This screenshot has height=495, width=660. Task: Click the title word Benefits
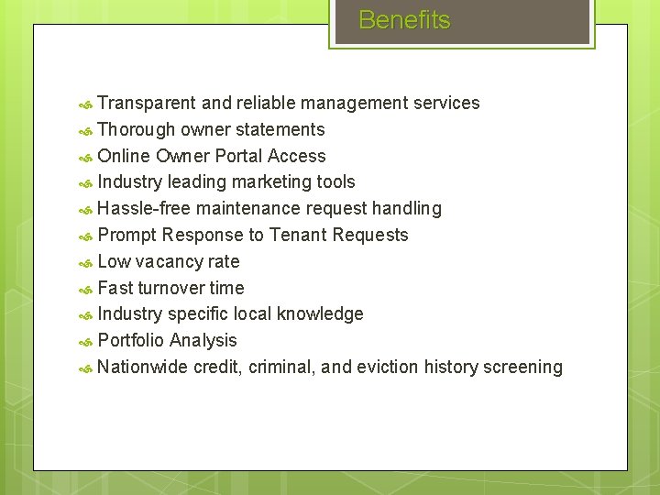tap(404, 20)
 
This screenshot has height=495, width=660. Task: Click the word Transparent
tap(147, 103)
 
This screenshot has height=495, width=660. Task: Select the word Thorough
tap(137, 129)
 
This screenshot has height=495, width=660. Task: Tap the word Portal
tap(236, 156)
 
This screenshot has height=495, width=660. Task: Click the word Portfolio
tap(131, 340)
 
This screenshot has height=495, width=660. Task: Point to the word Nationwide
tap(142, 367)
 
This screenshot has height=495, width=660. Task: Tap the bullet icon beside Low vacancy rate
tap(85, 262)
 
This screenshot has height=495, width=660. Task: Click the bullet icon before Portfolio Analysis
tap(85, 342)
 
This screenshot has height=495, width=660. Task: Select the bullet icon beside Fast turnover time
tap(85, 289)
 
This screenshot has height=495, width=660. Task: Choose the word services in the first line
tap(446, 103)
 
